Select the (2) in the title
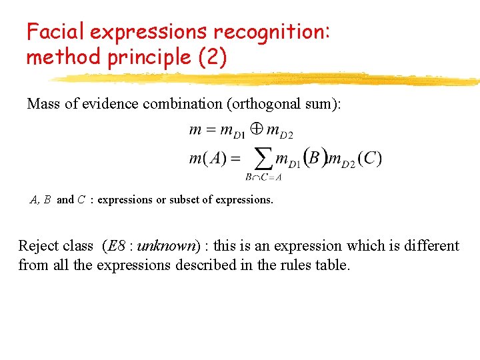[x=213, y=57]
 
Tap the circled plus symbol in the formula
[x=256, y=129]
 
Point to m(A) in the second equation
[x=207, y=159]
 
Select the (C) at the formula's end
[x=369, y=159]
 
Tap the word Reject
[x=37, y=246]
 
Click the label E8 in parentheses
[x=117, y=246]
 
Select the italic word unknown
[x=167, y=246]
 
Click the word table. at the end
[x=332, y=265]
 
